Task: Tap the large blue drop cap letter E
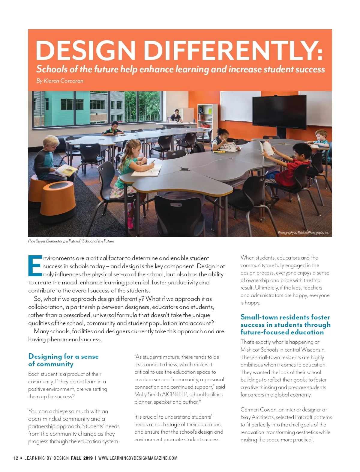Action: pyautogui.click(x=35, y=266)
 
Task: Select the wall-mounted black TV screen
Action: pyautogui.click(x=279, y=112)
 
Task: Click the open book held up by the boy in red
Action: pyautogui.click(x=267, y=148)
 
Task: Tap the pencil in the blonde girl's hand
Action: pyautogui.click(x=153, y=162)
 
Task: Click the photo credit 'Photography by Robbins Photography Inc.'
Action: pyautogui.click(x=303, y=233)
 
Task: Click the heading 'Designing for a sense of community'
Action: pyautogui.click(x=63, y=360)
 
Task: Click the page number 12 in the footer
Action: pyautogui.click(x=16, y=458)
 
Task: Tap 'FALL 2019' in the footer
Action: pyautogui.click(x=82, y=458)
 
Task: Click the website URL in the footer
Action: pyautogui.click(x=138, y=458)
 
